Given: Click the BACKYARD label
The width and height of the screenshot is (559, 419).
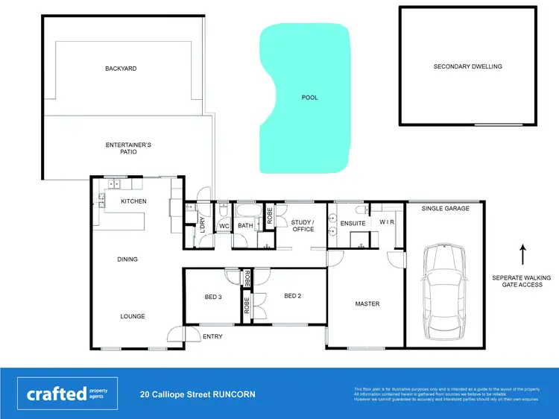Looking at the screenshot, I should (121, 69).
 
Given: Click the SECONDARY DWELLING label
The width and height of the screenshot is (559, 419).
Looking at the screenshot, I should (467, 66).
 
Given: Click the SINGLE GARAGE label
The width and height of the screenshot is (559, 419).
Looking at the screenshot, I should (446, 209).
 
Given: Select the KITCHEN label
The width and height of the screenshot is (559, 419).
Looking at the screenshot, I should (134, 201).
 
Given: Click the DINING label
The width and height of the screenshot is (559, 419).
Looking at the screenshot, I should (127, 259).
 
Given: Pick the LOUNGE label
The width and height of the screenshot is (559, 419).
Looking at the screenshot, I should (133, 316).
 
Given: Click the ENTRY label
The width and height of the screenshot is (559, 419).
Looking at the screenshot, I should (212, 336).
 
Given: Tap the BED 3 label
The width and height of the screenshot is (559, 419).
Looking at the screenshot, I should (213, 297).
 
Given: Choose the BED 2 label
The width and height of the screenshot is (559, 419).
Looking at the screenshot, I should (293, 295).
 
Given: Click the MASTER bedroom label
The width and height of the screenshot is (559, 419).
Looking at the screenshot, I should (367, 304).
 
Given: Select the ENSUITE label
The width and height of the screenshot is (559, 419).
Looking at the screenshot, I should (353, 224).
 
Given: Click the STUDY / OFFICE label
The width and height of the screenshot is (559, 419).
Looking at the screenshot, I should (303, 225).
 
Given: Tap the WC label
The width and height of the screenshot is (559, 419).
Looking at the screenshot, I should (223, 227).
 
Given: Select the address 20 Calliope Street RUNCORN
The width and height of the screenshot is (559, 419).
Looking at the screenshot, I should (198, 394).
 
